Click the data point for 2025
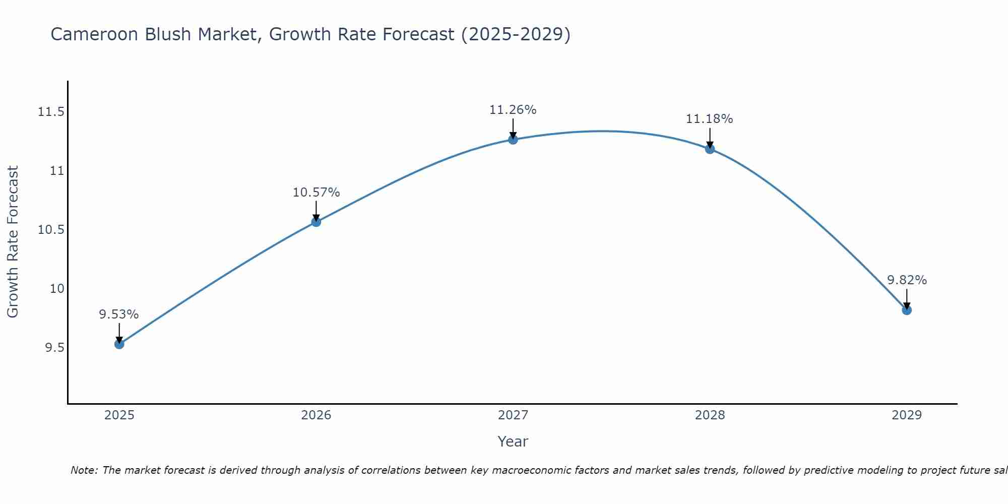[x=119, y=344]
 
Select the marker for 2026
[x=316, y=222]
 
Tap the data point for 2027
[x=513, y=140]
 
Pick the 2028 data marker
[x=710, y=149]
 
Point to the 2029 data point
[x=907, y=310]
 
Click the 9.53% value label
[x=119, y=314]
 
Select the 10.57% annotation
[x=316, y=193]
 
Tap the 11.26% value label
[x=513, y=110]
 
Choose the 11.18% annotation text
[x=709, y=119]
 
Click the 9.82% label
[x=907, y=280]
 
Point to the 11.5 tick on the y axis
[x=51, y=112]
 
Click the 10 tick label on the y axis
[x=57, y=289]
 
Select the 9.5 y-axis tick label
[x=54, y=348]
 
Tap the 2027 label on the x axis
[x=513, y=415]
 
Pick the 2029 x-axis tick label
[x=907, y=415]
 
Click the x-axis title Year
[x=513, y=442]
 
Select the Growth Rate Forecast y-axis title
[x=13, y=241]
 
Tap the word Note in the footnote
[x=83, y=470]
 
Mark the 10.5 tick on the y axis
[x=51, y=230]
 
